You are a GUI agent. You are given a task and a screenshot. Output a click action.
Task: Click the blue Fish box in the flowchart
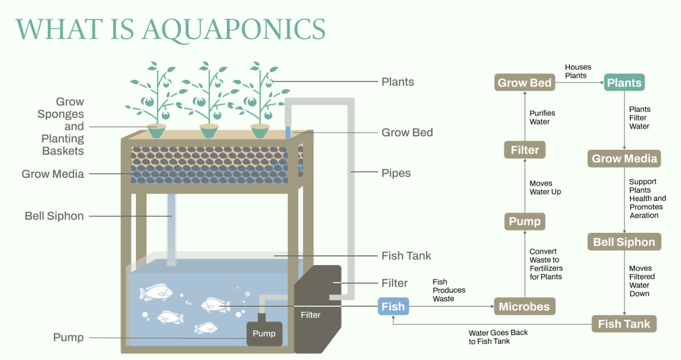[393, 307]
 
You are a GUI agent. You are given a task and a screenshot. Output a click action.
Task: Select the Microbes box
[524, 307]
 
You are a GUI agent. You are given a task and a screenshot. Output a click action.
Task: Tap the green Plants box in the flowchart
[624, 83]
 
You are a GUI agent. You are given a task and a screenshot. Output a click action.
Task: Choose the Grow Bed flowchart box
[525, 83]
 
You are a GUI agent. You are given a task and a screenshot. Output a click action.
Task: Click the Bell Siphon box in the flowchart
[624, 242]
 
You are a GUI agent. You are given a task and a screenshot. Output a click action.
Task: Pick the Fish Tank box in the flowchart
[624, 324]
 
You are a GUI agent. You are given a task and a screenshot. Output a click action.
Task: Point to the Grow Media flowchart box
[624, 158]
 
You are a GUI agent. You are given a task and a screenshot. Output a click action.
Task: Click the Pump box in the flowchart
[524, 222]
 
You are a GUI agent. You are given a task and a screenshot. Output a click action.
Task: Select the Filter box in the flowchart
[525, 150]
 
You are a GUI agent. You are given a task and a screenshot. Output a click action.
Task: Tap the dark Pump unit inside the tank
[264, 334]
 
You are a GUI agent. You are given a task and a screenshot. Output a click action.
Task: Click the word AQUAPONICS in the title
[234, 29]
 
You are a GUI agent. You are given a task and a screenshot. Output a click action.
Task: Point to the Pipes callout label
[396, 173]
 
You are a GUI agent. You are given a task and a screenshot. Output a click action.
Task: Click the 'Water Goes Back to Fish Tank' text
[498, 337]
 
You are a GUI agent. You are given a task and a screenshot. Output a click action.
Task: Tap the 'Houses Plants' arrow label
[578, 71]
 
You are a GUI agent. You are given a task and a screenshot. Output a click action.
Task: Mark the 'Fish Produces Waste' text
[449, 290]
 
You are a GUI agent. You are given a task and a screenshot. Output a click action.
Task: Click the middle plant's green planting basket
[209, 131]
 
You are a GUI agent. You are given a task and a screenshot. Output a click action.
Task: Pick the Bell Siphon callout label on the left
[54, 216]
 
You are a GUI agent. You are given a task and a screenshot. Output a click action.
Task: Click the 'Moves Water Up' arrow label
[545, 188]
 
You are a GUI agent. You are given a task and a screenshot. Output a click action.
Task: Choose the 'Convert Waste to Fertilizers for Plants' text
[546, 264]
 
